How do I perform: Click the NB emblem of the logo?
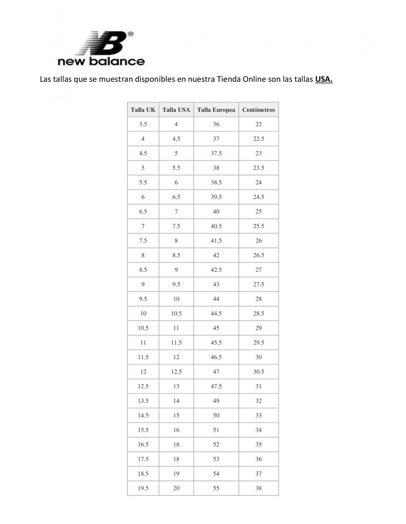coord(105,43)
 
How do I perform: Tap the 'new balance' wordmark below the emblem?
coord(101,61)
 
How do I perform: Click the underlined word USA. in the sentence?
coord(324,79)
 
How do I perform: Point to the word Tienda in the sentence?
coord(228,79)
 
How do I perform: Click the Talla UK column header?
coord(143,110)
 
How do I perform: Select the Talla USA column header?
coord(176,110)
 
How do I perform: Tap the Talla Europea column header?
coord(216,110)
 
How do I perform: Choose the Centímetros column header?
coord(258,110)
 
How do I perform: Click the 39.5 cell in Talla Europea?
coord(216,197)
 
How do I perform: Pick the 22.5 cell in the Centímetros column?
coord(258,139)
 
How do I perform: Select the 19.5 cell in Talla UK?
coord(143,488)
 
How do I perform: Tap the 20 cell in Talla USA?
coord(176,488)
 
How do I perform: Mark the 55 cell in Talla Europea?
coord(216,488)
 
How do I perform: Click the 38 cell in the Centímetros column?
coord(258,488)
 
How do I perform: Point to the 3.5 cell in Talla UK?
coord(143,124)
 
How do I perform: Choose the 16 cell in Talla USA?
coord(176,430)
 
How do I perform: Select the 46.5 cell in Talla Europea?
coord(216,357)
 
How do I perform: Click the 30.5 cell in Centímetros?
coord(258,372)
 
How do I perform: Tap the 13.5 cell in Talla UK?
coord(143,401)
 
